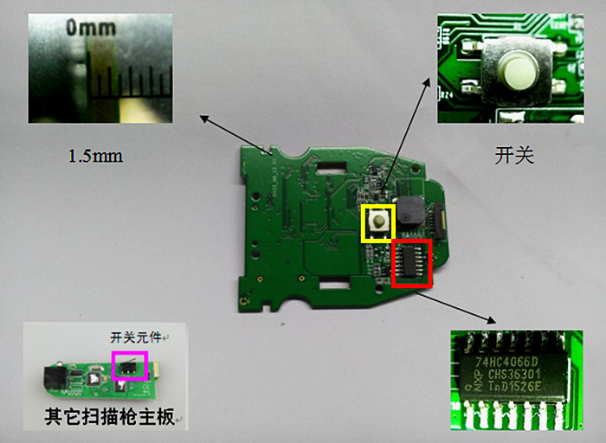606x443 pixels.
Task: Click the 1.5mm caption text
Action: (95, 157)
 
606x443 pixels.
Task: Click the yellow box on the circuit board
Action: (377, 222)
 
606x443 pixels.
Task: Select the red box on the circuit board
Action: (411, 263)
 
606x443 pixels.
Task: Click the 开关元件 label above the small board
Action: (138, 337)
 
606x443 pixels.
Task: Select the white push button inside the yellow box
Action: (378, 222)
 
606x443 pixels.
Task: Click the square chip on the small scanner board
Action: (93, 378)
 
